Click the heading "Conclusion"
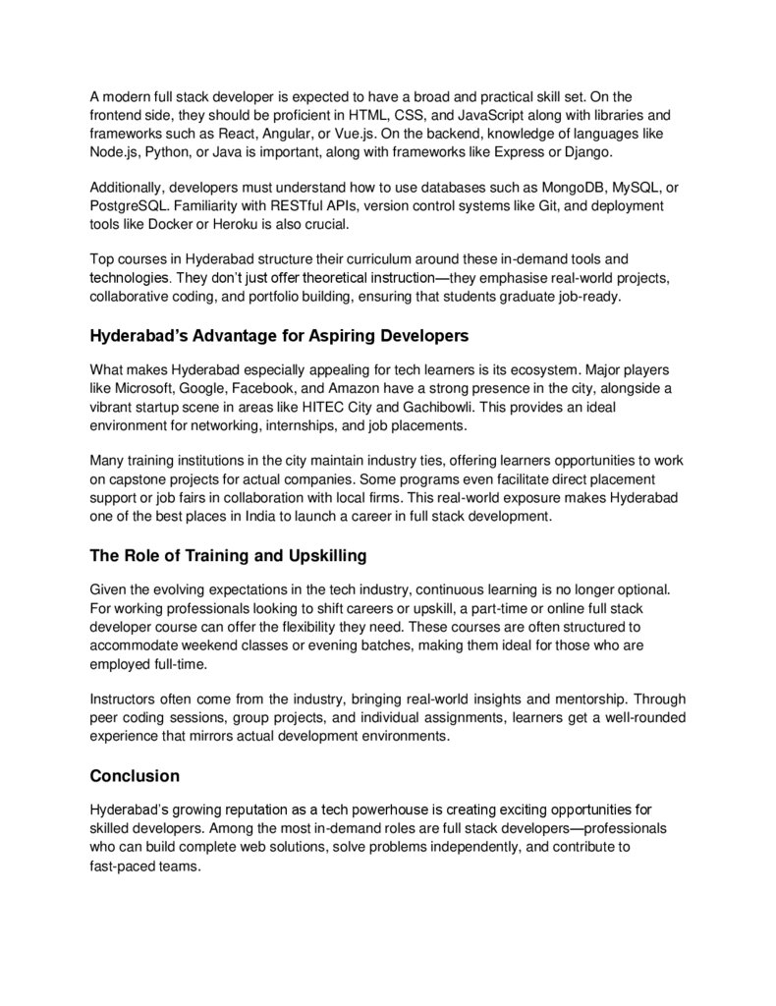click(135, 776)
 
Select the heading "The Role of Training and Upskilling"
click(228, 556)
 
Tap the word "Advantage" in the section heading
click(222, 336)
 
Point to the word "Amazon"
click(362, 390)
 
